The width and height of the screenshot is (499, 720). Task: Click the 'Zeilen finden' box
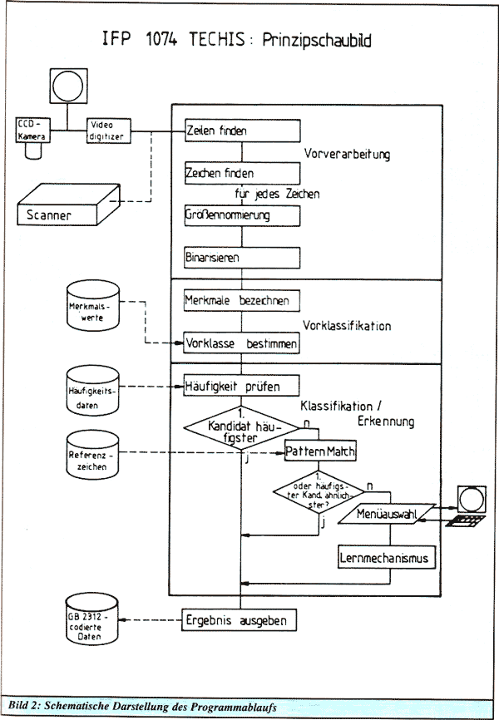click(241, 131)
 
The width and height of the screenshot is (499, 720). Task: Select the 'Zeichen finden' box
click(241, 173)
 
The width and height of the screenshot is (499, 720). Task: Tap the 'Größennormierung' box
click(241, 215)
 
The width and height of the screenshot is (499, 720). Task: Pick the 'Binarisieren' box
click(241, 257)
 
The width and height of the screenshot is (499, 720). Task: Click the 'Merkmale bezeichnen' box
click(241, 299)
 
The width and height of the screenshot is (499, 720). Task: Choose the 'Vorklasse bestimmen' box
click(241, 342)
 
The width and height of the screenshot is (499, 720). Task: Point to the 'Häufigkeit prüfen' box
click(241, 386)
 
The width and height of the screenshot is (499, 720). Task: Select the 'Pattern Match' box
click(320, 451)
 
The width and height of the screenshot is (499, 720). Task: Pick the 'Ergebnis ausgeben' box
click(241, 619)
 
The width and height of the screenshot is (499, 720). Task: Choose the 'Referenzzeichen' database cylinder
click(91, 456)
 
